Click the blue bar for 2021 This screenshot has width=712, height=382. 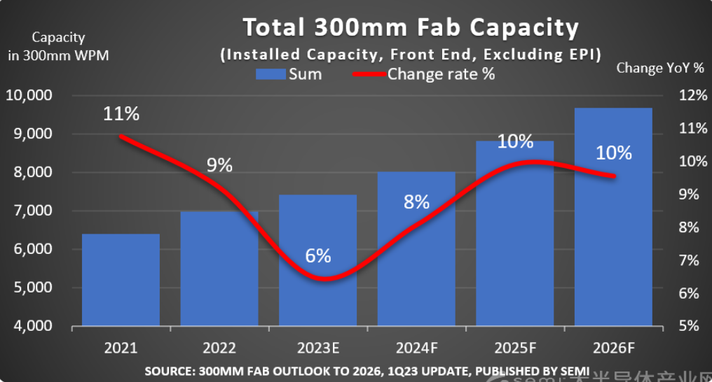pyautogui.click(x=121, y=280)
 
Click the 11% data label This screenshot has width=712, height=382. pyautogui.click(x=121, y=114)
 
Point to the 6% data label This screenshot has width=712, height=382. pyautogui.click(x=318, y=255)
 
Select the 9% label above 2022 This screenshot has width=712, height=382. pyautogui.click(x=219, y=165)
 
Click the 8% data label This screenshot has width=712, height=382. pyautogui.click(x=416, y=202)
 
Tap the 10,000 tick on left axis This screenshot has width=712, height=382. pyautogui.click(x=30, y=95)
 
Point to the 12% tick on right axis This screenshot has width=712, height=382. pyautogui.click(x=688, y=95)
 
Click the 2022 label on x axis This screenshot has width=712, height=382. pyautogui.click(x=219, y=348)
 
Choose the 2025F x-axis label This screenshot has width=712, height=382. pyautogui.click(x=514, y=348)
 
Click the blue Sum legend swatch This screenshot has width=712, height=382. pyautogui.click(x=270, y=74)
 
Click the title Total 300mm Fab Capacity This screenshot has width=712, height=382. pyautogui.click(x=411, y=27)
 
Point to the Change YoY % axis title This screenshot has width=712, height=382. pyautogui.click(x=659, y=68)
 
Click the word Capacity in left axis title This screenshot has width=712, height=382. pyautogui.click(x=58, y=38)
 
